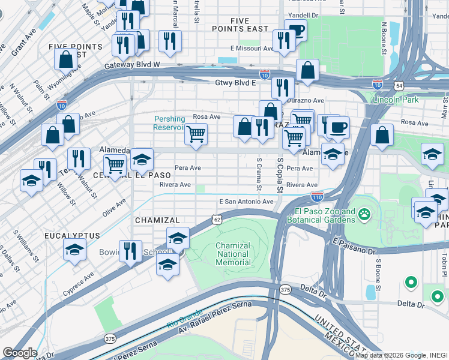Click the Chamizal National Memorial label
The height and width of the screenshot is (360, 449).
point(233,254)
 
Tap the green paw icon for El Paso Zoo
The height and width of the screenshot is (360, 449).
point(364,213)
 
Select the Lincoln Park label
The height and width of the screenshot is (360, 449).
point(396,100)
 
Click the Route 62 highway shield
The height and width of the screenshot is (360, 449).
point(217,220)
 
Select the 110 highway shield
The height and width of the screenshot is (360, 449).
point(318,197)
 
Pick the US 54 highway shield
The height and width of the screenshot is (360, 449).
point(399,86)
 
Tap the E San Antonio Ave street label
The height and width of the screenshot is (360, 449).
point(246,202)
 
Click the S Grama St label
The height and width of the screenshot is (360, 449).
point(259,174)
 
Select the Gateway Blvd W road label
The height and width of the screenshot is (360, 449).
point(132,65)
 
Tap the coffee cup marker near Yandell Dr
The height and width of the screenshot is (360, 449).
point(295,31)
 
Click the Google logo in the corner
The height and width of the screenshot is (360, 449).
point(20,353)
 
